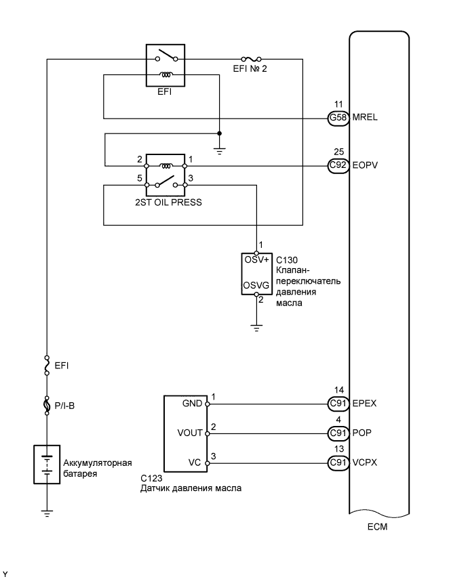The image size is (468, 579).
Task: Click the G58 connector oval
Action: coord(337,118)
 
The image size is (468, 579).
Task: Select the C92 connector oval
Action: coord(337,165)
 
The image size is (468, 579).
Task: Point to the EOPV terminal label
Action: coord(366,165)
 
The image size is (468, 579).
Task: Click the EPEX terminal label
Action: coord(365,404)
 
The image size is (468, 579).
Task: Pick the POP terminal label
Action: coord(362,433)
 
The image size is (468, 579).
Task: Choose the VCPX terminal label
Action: coord(366,463)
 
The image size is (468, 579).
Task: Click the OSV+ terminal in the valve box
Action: coord(256,259)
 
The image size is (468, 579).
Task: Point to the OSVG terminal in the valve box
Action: coord(256,286)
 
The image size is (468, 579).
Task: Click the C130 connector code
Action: coord(288,259)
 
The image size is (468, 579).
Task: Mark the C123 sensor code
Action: coord(151,478)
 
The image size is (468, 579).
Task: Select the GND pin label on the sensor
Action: coord(193,404)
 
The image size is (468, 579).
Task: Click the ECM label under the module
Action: coord(381,526)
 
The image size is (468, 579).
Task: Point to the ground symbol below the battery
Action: coord(46,513)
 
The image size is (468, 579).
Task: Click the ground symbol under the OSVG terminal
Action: coord(256,328)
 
